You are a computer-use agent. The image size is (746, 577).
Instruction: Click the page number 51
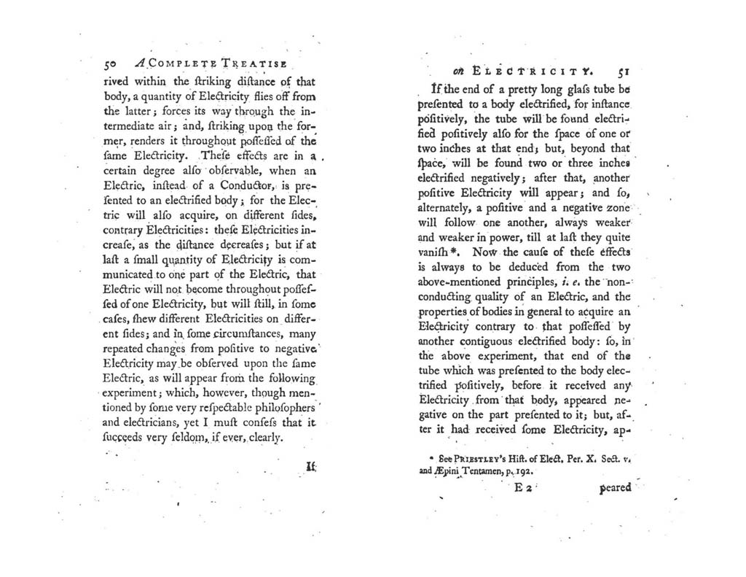tap(622, 72)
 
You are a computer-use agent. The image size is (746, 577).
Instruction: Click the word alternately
tap(449, 209)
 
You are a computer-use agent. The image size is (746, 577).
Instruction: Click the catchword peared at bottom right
tap(614, 488)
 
